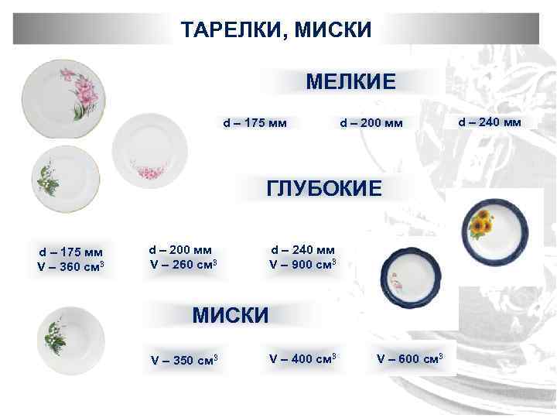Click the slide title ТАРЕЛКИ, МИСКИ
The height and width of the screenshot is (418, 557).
tap(276, 30)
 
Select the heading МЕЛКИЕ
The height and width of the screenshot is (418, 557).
tap(350, 81)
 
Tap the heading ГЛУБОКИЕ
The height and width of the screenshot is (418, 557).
tap(324, 188)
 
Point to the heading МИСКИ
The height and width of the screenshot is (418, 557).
tap(230, 315)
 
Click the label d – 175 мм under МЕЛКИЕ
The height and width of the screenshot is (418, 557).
tap(255, 122)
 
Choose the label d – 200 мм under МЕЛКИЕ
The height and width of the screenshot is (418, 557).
tap(371, 122)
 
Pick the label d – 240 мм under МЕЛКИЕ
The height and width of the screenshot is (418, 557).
tap(490, 122)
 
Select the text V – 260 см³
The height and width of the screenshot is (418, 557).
tap(183, 264)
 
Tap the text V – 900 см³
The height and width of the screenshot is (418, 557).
tap(302, 264)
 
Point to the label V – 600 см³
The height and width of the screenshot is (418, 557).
tap(409, 358)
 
